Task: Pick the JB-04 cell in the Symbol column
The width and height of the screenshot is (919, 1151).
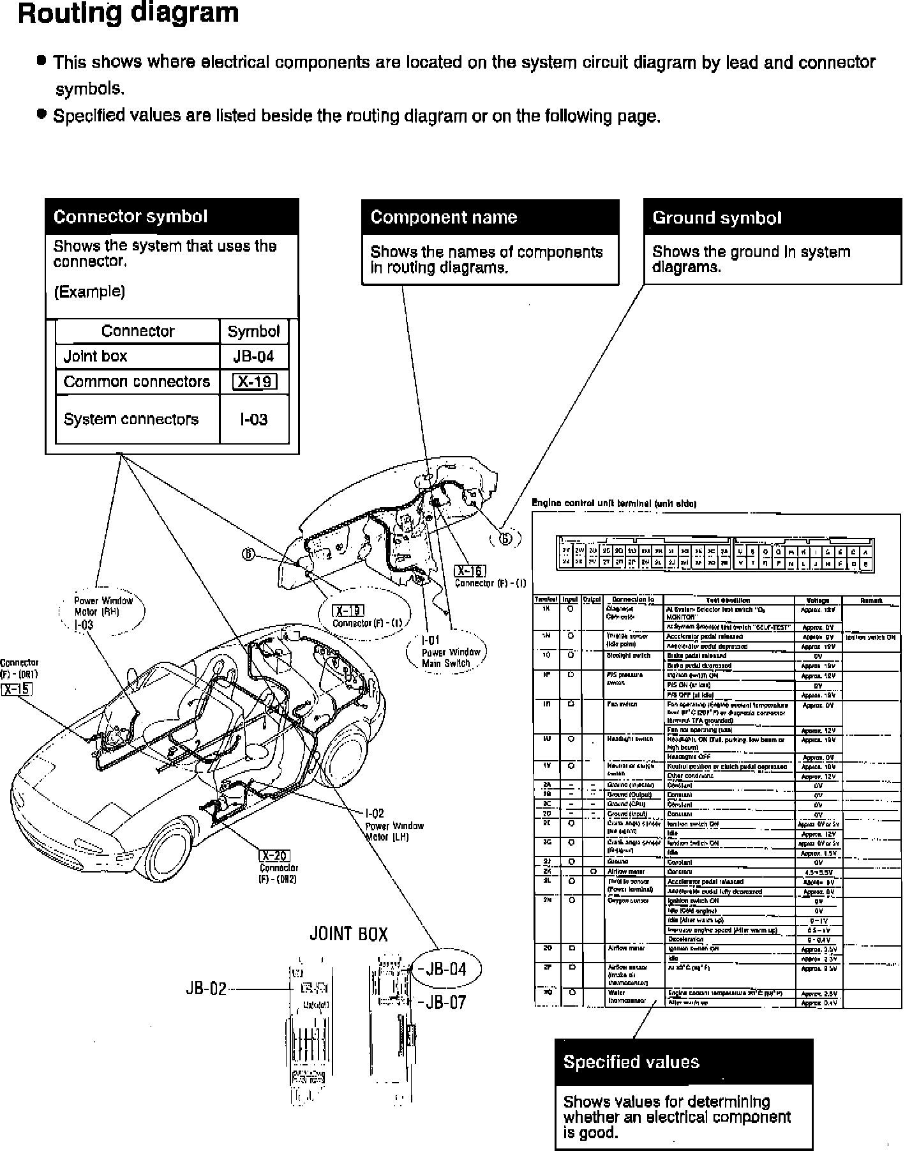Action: tap(254, 356)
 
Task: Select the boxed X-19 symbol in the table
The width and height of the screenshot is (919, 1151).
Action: tap(255, 382)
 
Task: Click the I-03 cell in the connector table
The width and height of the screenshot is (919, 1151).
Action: tap(254, 420)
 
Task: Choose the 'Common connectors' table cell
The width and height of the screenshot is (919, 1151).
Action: tap(137, 382)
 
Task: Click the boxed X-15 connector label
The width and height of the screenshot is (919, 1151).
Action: tap(17, 689)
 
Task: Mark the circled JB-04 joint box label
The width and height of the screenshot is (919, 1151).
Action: tap(446, 969)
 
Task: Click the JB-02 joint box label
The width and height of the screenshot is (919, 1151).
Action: tap(206, 989)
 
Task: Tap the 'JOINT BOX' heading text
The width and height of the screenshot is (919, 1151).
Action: tap(348, 934)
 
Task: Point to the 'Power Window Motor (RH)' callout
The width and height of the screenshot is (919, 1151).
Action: tap(103, 612)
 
